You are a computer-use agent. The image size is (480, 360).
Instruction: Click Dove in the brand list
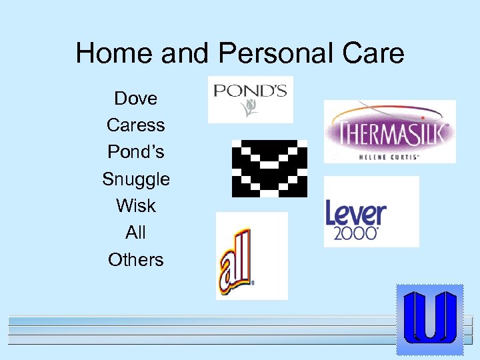[x=136, y=99]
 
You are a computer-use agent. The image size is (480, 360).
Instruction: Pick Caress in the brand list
[x=135, y=125]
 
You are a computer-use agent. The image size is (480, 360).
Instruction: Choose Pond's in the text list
[x=136, y=152]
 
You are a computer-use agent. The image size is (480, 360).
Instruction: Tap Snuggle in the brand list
[x=136, y=179]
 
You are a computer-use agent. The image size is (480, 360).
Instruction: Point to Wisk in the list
[x=136, y=206]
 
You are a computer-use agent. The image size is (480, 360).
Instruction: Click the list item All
[x=135, y=233]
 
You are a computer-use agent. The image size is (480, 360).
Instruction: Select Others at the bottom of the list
[x=136, y=259]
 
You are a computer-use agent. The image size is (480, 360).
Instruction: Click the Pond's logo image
[x=250, y=99]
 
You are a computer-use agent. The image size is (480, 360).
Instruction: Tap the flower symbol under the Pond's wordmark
[x=251, y=108]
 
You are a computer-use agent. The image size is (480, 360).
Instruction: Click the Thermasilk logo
[x=389, y=131]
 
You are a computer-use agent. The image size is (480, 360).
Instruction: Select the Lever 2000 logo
[x=371, y=211]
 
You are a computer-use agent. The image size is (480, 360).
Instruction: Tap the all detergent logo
[x=251, y=255]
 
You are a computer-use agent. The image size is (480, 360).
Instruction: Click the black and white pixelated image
[x=269, y=169]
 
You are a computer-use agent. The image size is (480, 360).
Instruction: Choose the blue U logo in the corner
[x=429, y=319]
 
